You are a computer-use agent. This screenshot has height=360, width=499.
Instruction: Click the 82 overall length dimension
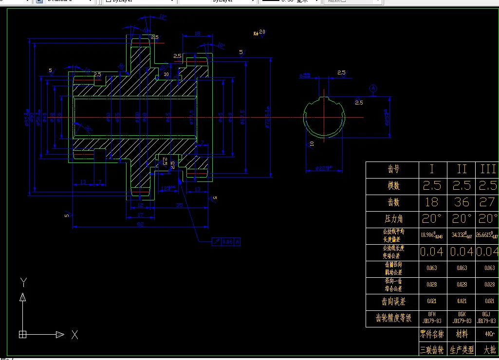tap(140, 223)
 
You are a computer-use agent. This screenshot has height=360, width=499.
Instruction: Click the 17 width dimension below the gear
tap(140, 215)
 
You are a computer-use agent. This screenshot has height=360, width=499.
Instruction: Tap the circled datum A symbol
tap(373, 89)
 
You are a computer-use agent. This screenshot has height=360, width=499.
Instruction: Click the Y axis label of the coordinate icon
tap(23, 281)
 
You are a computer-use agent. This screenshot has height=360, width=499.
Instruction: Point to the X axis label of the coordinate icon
tap(74, 335)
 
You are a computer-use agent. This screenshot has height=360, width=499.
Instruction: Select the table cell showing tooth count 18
tap(431, 202)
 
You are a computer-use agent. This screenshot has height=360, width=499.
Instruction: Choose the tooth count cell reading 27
tap(488, 202)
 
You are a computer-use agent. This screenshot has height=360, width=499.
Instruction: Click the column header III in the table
tap(488, 169)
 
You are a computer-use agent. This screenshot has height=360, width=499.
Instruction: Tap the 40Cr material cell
tap(489, 334)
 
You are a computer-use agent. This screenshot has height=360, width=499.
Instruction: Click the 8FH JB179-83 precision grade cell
tap(431, 318)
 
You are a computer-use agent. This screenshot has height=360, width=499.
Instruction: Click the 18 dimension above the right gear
tap(197, 33)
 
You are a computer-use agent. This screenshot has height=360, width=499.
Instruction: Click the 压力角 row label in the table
tap(392, 218)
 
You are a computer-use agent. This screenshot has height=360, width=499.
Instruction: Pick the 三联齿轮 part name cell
tap(431, 350)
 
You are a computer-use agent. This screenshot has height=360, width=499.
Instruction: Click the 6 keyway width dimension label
tap(305, 75)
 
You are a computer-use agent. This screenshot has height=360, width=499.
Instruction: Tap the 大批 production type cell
tap(489, 350)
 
